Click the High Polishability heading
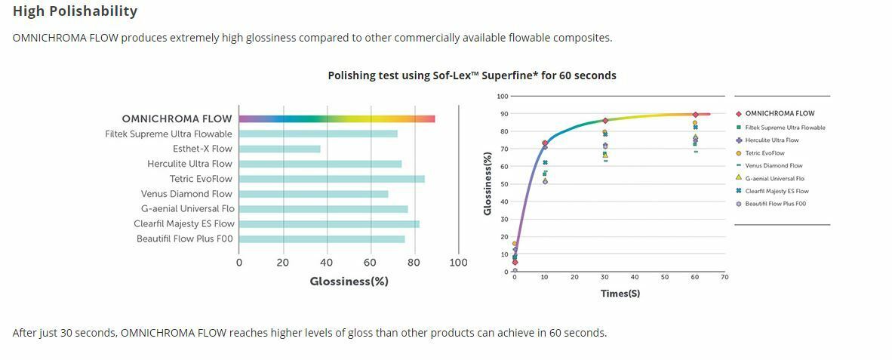(x=75, y=11)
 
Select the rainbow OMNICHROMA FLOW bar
(x=337, y=118)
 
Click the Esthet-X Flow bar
(x=279, y=149)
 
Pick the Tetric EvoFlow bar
(x=331, y=179)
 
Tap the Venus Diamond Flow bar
(x=313, y=194)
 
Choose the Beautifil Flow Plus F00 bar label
(x=185, y=238)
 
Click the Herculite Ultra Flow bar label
(x=190, y=164)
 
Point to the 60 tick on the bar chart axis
(x=370, y=263)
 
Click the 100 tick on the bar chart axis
(x=458, y=263)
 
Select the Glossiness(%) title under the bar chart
(x=349, y=282)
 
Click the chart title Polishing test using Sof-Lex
(x=472, y=75)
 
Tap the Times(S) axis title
(x=620, y=293)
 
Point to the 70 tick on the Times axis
(x=724, y=277)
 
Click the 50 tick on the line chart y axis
(x=503, y=184)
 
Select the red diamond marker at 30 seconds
(x=605, y=121)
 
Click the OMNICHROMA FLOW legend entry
(x=780, y=113)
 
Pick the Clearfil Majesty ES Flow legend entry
(x=777, y=191)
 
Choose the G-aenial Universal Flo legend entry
(x=774, y=178)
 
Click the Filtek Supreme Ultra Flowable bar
(x=318, y=134)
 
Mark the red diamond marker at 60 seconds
(x=695, y=115)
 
